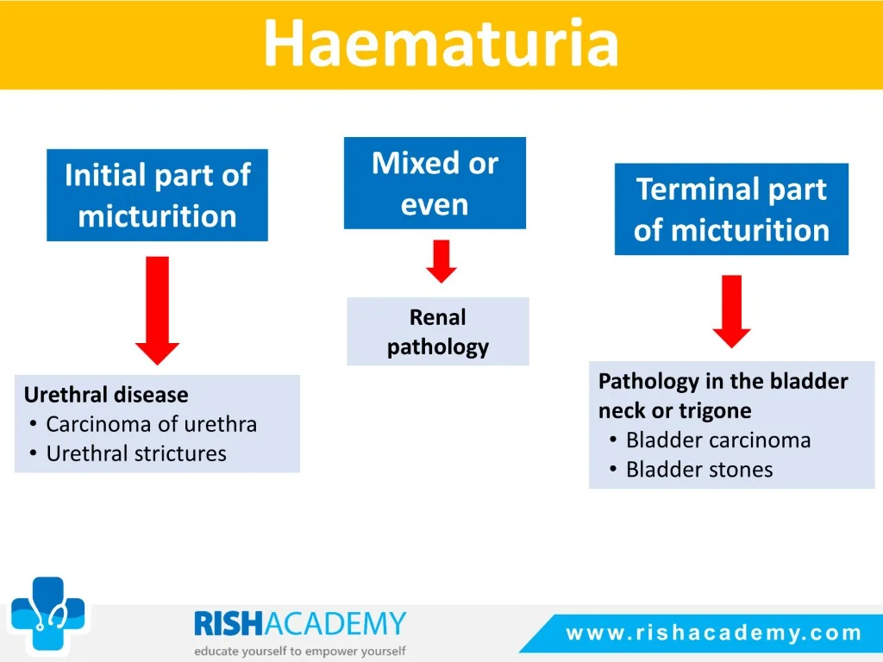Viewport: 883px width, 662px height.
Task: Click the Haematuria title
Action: (x=441, y=43)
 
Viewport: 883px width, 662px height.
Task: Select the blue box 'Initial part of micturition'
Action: (x=157, y=195)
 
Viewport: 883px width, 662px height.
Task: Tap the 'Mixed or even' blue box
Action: (x=435, y=183)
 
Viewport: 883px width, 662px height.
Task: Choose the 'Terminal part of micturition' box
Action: (x=731, y=209)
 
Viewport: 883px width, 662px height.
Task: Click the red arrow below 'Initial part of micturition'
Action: (x=157, y=310)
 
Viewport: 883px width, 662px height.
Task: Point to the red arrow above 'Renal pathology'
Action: (x=441, y=261)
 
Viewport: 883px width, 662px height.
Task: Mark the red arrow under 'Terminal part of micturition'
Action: (x=731, y=311)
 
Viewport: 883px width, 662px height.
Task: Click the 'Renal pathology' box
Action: (x=437, y=332)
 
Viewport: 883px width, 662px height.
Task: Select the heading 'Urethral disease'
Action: (x=106, y=395)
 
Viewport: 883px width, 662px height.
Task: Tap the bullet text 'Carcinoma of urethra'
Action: (x=152, y=424)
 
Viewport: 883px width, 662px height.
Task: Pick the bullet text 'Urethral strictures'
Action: (x=136, y=453)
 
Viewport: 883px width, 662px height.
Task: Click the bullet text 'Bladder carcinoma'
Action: (x=718, y=440)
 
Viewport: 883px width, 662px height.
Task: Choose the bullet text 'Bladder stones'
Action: (x=699, y=470)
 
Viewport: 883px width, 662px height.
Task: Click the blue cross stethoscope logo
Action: (x=48, y=613)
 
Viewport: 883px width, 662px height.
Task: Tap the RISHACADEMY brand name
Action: (x=300, y=624)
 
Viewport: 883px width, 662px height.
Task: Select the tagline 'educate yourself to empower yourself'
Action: (x=300, y=652)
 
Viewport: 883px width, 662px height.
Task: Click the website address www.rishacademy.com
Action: (x=714, y=633)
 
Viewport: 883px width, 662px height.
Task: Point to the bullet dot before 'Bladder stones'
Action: (x=613, y=469)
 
